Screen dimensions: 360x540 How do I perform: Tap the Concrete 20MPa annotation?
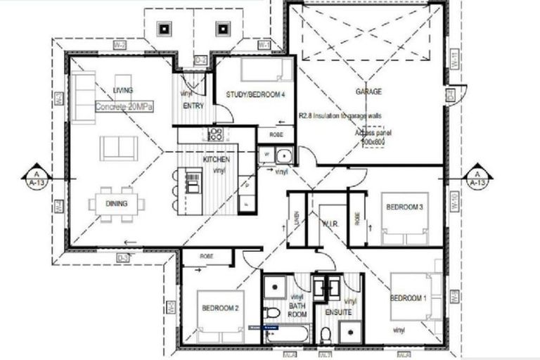124,106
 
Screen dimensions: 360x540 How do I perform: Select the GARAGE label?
368,92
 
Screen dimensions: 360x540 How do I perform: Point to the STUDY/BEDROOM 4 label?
255,95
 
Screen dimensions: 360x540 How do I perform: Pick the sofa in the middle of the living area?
118,147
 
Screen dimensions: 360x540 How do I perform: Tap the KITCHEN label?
216,160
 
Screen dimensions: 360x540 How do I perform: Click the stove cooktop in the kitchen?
215,134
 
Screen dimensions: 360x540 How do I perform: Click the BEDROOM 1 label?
409,298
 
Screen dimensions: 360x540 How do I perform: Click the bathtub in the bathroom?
289,333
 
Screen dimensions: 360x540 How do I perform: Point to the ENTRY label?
193,105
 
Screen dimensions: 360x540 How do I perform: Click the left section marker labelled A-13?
34,176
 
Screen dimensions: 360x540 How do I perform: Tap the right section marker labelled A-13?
477,176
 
